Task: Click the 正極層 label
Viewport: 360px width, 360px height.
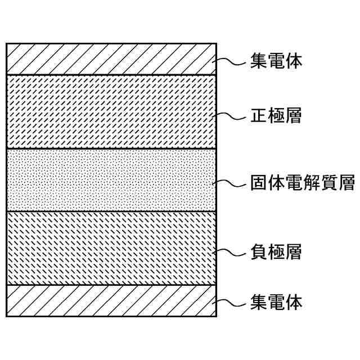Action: [x=276, y=116]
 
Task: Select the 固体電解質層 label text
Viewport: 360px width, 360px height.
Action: [x=302, y=184]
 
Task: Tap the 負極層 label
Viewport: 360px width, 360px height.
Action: [x=276, y=252]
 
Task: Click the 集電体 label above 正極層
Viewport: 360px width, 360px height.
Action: [x=276, y=61]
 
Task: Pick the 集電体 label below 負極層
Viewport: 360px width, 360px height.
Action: [x=276, y=303]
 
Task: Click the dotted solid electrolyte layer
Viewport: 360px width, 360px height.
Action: [x=111, y=180]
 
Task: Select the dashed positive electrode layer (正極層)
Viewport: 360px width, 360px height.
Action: [x=111, y=111]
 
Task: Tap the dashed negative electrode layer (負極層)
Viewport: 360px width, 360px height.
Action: [x=111, y=248]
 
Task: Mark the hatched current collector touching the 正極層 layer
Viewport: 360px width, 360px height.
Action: [x=111, y=59]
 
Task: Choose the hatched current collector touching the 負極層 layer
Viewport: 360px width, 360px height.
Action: [x=111, y=300]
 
